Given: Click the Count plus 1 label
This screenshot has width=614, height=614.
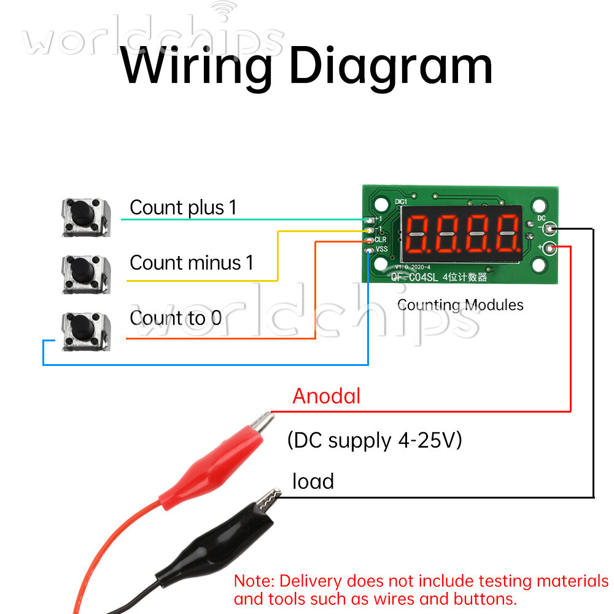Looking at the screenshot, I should coord(183,208).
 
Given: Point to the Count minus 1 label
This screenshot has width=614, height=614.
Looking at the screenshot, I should coord(192,263).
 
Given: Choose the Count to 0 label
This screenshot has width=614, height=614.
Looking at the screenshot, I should coord(176,318).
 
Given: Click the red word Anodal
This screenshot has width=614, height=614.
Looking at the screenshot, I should coord(327,396).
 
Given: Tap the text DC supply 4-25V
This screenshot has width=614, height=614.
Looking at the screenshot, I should coord(375,440).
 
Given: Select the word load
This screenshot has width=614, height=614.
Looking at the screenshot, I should coord(313,481).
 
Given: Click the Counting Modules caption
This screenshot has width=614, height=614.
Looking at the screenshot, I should coord(460,305).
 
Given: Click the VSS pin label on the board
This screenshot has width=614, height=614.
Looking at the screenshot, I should coord(382,249).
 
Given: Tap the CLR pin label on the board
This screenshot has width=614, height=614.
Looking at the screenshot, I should coord(381,239).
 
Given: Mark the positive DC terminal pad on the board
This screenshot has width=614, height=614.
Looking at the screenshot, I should coord(551,248).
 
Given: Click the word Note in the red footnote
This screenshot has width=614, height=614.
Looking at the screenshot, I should coord(255,581).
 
